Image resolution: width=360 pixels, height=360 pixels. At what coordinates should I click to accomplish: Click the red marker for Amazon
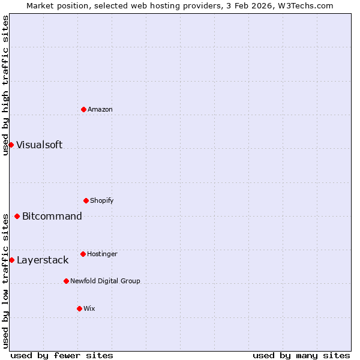pos(83,109)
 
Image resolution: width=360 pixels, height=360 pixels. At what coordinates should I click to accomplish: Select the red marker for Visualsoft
pos(11,145)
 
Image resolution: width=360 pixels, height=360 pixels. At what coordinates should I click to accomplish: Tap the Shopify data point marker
pos(86,200)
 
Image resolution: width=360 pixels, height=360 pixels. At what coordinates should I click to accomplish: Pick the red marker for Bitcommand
pos(17,216)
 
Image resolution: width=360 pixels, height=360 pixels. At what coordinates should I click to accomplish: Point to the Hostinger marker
pos(83,254)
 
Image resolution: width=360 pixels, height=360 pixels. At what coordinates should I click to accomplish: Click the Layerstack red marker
pos(11,260)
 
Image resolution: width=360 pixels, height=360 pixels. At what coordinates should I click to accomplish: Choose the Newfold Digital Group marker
pos(66,281)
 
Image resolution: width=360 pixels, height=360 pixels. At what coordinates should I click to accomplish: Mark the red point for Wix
pos(79,308)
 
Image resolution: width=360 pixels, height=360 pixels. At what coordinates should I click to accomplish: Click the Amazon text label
pos(100,109)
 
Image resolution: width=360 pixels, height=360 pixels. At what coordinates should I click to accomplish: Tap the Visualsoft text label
pos(39,145)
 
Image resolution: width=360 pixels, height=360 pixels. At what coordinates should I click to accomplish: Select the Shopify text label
pos(102,200)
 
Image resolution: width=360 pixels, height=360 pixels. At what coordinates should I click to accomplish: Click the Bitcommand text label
pos(52,216)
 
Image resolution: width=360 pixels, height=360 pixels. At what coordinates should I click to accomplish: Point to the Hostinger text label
pos(102,254)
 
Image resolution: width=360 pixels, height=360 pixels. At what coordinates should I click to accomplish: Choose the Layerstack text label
pos(43,260)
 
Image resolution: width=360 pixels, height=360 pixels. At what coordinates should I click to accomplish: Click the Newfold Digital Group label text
pos(105,281)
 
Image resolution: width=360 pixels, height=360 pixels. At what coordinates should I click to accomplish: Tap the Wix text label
pos(89,308)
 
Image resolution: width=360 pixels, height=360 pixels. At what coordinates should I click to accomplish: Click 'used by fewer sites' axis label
pos(62,355)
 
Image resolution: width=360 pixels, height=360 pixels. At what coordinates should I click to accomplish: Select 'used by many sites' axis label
pos(301,355)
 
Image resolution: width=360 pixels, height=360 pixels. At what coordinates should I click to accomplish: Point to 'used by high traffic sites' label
pos(5,85)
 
